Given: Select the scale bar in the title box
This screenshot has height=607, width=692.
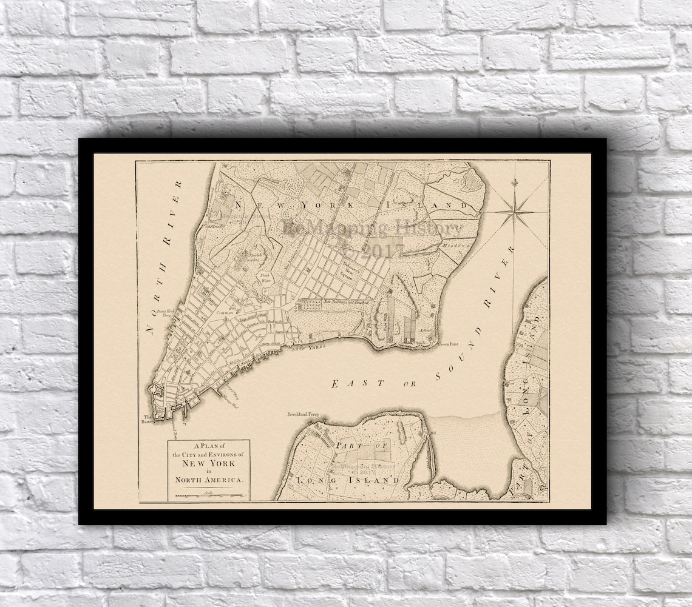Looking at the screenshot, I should click(x=208, y=495).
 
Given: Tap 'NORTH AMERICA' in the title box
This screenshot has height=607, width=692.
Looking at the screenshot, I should click(x=208, y=480).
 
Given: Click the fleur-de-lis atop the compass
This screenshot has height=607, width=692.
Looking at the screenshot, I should click(x=517, y=183).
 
